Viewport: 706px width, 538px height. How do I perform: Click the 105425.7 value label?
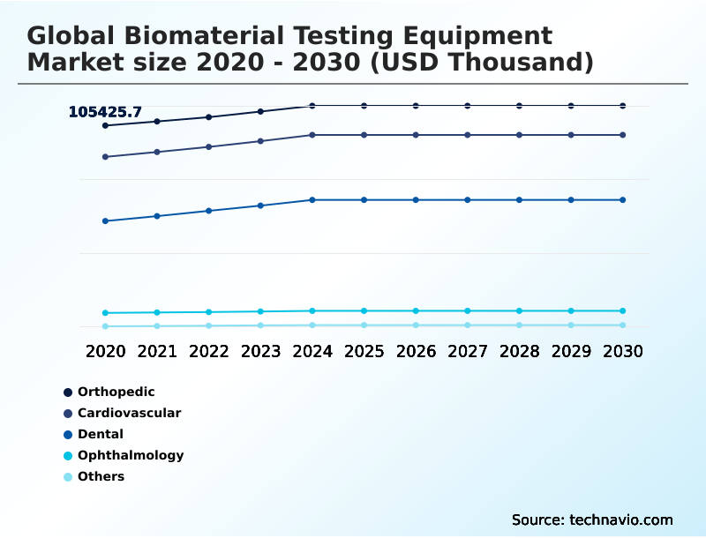pyautogui.click(x=105, y=112)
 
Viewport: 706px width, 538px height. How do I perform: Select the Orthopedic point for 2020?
pyautogui.click(x=105, y=126)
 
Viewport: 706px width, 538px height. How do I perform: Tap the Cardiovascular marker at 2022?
pyautogui.click(x=209, y=147)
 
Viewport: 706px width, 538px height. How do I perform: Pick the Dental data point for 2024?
pyautogui.click(x=312, y=200)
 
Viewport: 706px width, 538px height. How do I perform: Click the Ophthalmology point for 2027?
pyautogui.click(x=468, y=311)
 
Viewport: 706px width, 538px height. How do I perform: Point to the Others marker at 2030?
pyautogui.click(x=623, y=325)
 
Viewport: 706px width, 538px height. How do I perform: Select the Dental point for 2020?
pyautogui.click(x=105, y=221)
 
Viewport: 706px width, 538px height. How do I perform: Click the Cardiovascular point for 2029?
pyautogui.click(x=571, y=135)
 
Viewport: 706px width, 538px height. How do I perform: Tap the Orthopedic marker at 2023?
pyautogui.click(x=260, y=112)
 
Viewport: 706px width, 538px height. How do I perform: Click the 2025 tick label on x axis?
pyautogui.click(x=364, y=351)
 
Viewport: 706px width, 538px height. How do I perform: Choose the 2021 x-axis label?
pyautogui.click(x=157, y=351)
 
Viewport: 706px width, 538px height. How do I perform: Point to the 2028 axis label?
pyautogui.click(x=519, y=351)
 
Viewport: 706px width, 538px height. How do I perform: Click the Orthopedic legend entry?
pyautogui.click(x=116, y=392)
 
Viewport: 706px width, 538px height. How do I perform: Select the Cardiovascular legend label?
pyautogui.click(x=129, y=413)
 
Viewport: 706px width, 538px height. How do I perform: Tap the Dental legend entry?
pyautogui.click(x=100, y=434)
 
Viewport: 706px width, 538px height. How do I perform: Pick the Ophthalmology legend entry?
pyautogui.click(x=130, y=455)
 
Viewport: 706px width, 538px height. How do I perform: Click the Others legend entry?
pyautogui.click(x=101, y=476)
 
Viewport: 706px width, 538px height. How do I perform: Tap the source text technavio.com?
pyautogui.click(x=621, y=519)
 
